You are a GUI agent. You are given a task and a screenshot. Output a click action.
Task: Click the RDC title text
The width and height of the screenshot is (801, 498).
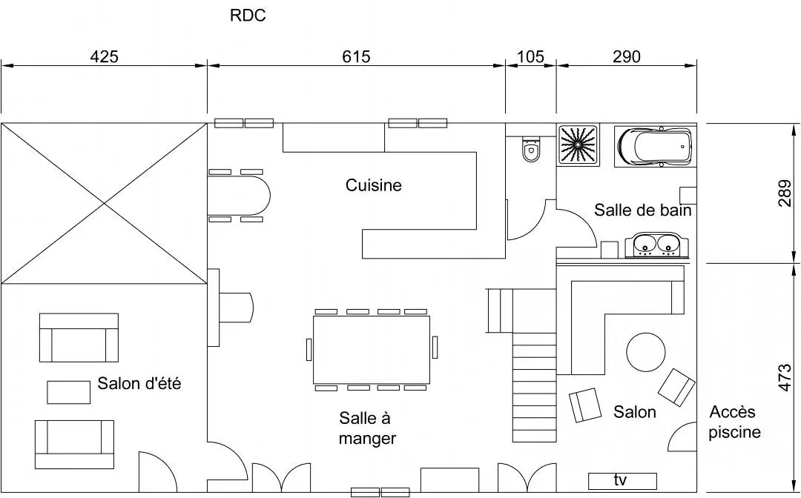(x=248, y=16)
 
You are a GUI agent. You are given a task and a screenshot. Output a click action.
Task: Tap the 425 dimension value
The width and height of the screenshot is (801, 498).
(x=104, y=56)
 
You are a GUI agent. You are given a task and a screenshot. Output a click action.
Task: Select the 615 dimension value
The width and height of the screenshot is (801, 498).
(x=356, y=56)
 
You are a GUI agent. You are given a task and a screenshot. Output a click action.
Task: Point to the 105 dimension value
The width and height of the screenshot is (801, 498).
(x=530, y=56)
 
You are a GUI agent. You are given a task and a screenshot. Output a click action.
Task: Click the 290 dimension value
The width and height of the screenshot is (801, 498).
(x=627, y=56)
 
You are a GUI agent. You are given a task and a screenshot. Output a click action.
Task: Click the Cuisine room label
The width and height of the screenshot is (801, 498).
(x=374, y=185)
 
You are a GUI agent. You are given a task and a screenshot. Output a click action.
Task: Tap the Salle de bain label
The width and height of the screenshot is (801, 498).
(x=643, y=210)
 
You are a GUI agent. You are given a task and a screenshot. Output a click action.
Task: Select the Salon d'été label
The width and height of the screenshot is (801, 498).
(x=139, y=384)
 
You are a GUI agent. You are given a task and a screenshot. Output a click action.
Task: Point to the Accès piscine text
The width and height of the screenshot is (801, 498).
(x=734, y=422)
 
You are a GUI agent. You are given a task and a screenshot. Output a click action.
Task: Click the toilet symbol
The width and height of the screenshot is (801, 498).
(x=530, y=150)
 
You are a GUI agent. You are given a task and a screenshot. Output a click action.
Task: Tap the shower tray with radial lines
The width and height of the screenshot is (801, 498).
(x=578, y=145)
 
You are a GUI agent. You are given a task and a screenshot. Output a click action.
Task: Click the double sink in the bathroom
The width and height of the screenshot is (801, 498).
(x=657, y=245)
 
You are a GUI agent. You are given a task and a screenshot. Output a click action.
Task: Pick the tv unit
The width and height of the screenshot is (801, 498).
(x=622, y=481)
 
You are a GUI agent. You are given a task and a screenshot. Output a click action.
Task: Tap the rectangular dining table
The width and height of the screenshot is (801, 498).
(x=372, y=349)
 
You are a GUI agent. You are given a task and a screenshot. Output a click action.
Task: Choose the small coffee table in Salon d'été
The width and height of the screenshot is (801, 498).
(x=69, y=392)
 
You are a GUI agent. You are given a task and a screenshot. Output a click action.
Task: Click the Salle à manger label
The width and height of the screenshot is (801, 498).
(x=367, y=428)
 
